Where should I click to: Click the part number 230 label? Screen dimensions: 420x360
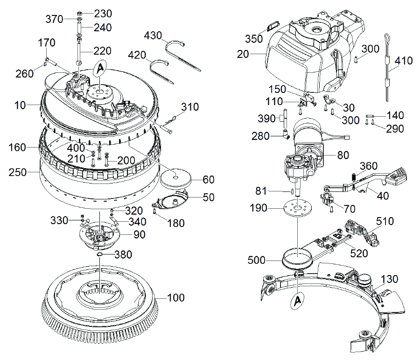(x=103, y=14)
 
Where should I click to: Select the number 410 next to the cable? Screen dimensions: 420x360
(x=403, y=61)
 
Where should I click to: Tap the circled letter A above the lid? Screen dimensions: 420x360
(x=100, y=69)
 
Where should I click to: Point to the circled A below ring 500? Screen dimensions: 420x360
(x=298, y=301)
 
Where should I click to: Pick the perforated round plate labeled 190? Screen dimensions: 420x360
(x=298, y=208)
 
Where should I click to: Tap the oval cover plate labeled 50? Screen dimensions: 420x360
(x=170, y=199)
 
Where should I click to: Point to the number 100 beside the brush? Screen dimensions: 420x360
(x=176, y=297)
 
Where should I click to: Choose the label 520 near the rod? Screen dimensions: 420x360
(x=359, y=254)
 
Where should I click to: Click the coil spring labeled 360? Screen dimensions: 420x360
(x=354, y=176)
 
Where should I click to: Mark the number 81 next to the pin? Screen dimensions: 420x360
(x=261, y=191)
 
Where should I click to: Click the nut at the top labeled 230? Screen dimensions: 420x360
(x=79, y=13)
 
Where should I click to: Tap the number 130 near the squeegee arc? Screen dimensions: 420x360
(x=390, y=279)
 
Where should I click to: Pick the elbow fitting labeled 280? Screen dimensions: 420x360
(x=287, y=134)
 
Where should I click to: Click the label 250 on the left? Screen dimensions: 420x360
(x=17, y=172)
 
